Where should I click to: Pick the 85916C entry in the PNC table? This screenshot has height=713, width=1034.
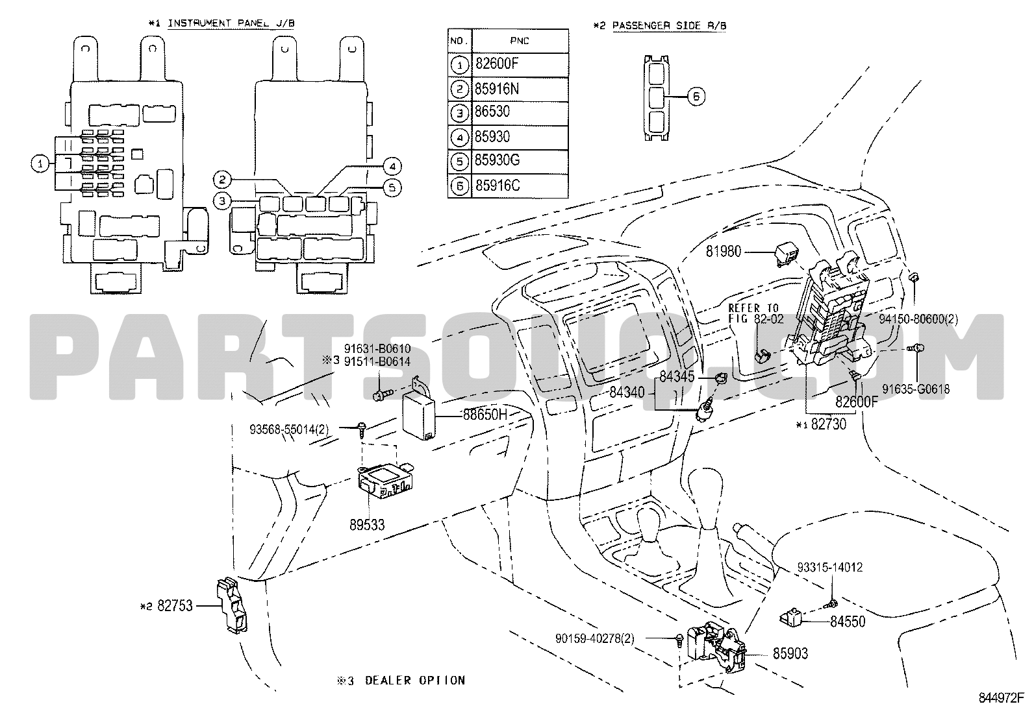tap(497, 186)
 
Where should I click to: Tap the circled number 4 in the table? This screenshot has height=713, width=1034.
tap(459, 138)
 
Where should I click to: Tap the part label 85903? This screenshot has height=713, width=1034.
tap(790, 653)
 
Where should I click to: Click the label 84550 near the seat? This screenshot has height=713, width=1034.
tap(848, 621)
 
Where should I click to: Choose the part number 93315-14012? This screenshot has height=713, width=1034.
tap(829, 568)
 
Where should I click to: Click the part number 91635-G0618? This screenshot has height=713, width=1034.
tap(916, 389)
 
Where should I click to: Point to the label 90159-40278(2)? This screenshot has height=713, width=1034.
tap(594, 639)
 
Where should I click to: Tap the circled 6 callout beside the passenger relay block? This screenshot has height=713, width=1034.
tap(696, 96)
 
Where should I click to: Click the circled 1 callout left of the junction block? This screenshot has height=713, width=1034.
tap(40, 163)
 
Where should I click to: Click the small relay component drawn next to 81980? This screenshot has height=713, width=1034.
tap(784, 252)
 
